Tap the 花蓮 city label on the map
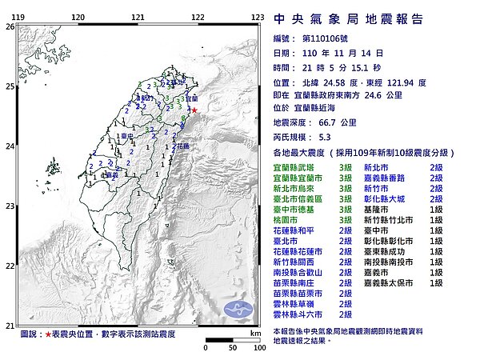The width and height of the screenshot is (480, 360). pos(182,146)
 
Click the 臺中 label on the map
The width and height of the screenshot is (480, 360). pos(126,137)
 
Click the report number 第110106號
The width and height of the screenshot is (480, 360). pos(323,38)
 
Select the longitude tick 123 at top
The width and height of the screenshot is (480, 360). pos(258,17)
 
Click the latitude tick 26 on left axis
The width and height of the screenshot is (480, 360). pos(9,26)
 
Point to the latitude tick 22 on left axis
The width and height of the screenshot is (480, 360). pos(9,266)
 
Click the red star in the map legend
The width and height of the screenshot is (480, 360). pos(49,332)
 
